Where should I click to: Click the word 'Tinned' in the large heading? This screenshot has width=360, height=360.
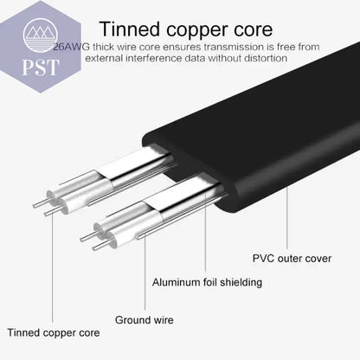[130, 29]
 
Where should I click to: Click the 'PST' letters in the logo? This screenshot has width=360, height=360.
[41, 67]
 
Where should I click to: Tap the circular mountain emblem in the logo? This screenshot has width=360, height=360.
[41, 35]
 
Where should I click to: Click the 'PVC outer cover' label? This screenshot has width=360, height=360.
[292, 258]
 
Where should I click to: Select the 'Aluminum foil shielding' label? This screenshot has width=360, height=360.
[207, 282]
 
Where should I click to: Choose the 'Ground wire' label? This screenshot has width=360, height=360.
[145, 319]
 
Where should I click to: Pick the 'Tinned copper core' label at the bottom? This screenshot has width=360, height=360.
[54, 332]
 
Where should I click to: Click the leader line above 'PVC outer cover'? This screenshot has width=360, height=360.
[287, 218]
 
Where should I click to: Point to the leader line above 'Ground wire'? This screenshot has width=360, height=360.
[145, 273]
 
